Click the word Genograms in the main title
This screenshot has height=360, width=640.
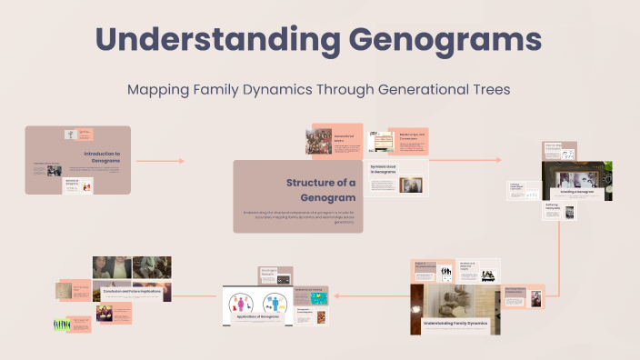click(x=433, y=41)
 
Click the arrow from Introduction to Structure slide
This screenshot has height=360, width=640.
click(x=159, y=161)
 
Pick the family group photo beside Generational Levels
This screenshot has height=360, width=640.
click(x=318, y=141)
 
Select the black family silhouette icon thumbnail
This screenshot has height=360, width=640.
click(x=447, y=273)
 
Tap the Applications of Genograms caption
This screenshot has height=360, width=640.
click(x=257, y=319)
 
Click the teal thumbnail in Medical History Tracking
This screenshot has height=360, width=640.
click(x=318, y=298)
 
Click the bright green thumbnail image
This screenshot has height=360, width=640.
click(x=62, y=325)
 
